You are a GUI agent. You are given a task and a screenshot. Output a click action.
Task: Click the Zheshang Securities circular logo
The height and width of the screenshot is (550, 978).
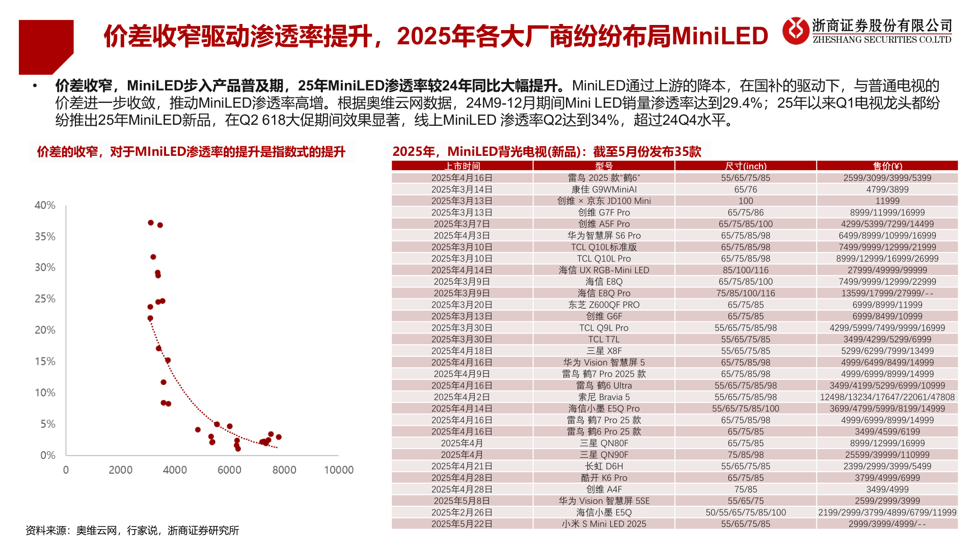(796, 31)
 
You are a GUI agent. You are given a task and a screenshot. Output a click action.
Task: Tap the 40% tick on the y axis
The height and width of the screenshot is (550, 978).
(45, 205)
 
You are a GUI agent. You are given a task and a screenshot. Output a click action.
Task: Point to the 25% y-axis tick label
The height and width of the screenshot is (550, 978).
(45, 299)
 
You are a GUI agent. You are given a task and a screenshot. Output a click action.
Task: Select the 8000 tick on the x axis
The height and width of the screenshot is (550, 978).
(284, 470)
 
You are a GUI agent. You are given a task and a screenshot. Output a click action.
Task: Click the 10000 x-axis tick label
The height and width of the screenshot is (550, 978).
(339, 470)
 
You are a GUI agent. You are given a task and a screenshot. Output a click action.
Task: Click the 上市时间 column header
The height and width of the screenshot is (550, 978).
(462, 166)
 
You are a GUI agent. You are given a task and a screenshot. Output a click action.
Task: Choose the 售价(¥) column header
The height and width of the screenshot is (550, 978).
(887, 166)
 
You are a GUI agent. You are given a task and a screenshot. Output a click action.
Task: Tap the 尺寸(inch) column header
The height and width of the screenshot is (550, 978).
(746, 166)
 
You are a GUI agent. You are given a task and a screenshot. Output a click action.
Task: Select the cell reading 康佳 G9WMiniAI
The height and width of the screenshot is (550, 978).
(604, 189)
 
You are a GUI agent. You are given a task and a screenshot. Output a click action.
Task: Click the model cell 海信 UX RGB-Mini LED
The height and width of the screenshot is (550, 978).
(604, 270)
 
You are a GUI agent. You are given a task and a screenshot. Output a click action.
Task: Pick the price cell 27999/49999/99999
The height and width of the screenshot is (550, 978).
(887, 270)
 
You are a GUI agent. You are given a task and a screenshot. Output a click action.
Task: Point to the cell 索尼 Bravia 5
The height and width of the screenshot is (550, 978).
(604, 397)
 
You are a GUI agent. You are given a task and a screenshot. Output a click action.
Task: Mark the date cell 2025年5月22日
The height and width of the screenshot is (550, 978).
(462, 524)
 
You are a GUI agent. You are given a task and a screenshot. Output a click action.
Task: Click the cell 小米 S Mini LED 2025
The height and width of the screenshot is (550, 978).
(604, 524)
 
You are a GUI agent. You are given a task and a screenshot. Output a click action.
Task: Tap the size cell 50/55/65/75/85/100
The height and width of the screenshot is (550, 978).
(746, 512)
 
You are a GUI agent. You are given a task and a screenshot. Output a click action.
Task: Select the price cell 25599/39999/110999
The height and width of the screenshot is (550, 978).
(887, 455)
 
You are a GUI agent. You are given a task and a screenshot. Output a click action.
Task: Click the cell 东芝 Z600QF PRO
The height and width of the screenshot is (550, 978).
(604, 305)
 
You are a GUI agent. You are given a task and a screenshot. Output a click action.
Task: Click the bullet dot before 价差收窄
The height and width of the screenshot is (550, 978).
(35, 86)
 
